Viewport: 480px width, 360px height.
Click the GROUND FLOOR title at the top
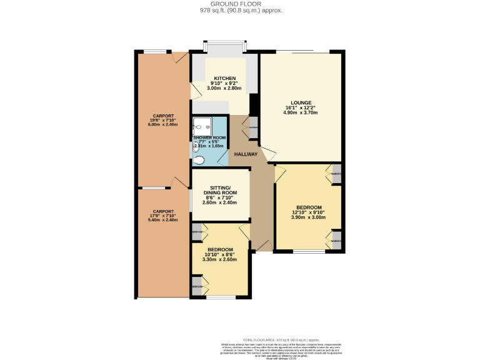point(241,4)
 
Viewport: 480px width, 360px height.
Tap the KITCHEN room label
point(225,77)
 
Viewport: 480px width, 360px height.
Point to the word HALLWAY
point(246,154)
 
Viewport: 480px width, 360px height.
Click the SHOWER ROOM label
point(209,137)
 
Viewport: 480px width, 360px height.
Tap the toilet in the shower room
point(199,160)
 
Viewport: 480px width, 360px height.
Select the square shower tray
point(202,126)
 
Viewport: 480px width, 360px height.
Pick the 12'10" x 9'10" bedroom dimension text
point(309,213)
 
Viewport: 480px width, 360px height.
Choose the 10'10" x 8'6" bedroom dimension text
point(220,255)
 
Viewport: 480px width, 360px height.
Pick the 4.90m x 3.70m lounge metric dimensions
point(301,112)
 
